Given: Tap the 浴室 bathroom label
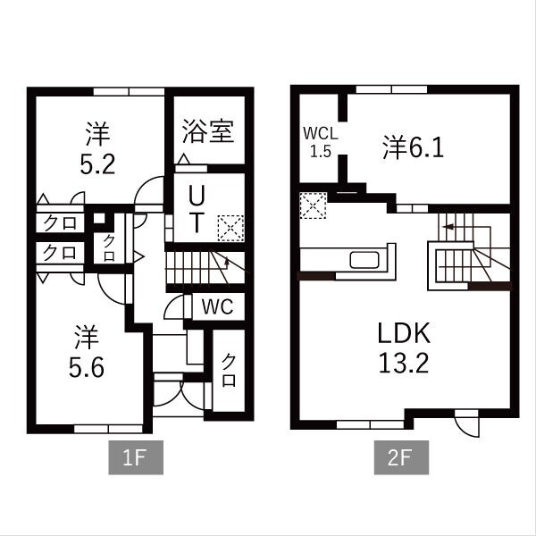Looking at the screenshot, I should point(208,132).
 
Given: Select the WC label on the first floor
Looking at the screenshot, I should point(217,306).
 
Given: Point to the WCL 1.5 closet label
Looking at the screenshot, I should point(320,141).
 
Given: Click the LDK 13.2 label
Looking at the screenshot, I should point(404,349).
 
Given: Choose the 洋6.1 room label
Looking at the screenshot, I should point(414,147).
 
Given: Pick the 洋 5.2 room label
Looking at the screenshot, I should point(96,149).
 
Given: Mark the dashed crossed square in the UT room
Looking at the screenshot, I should point(230,226).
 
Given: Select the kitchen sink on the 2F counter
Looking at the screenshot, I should point(366,260).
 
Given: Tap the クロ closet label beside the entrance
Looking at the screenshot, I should point(229,370).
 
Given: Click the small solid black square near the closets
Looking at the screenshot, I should point(99,219).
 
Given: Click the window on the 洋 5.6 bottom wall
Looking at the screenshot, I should point(108,429).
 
